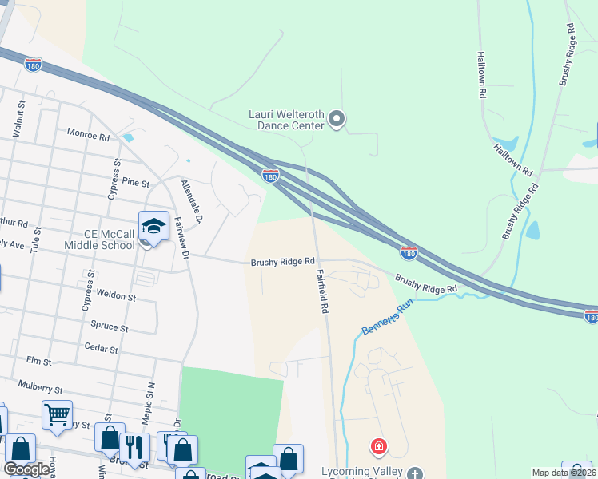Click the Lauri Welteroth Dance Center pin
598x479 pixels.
coord(337,120)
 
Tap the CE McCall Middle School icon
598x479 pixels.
coord(152,226)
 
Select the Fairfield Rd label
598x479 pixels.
coord(323,291)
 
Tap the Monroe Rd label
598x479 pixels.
coord(88,136)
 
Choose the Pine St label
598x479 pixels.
coord(135,184)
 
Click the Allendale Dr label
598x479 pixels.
coord(193,201)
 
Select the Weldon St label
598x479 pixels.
coord(116,295)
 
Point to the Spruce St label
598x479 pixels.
coord(110,327)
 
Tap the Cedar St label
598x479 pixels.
coord(102,350)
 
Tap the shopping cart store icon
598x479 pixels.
coord(57,415)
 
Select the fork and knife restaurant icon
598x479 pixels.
coord(134,447)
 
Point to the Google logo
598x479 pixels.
coord(27,469)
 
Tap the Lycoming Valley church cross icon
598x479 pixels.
coord(414,475)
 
